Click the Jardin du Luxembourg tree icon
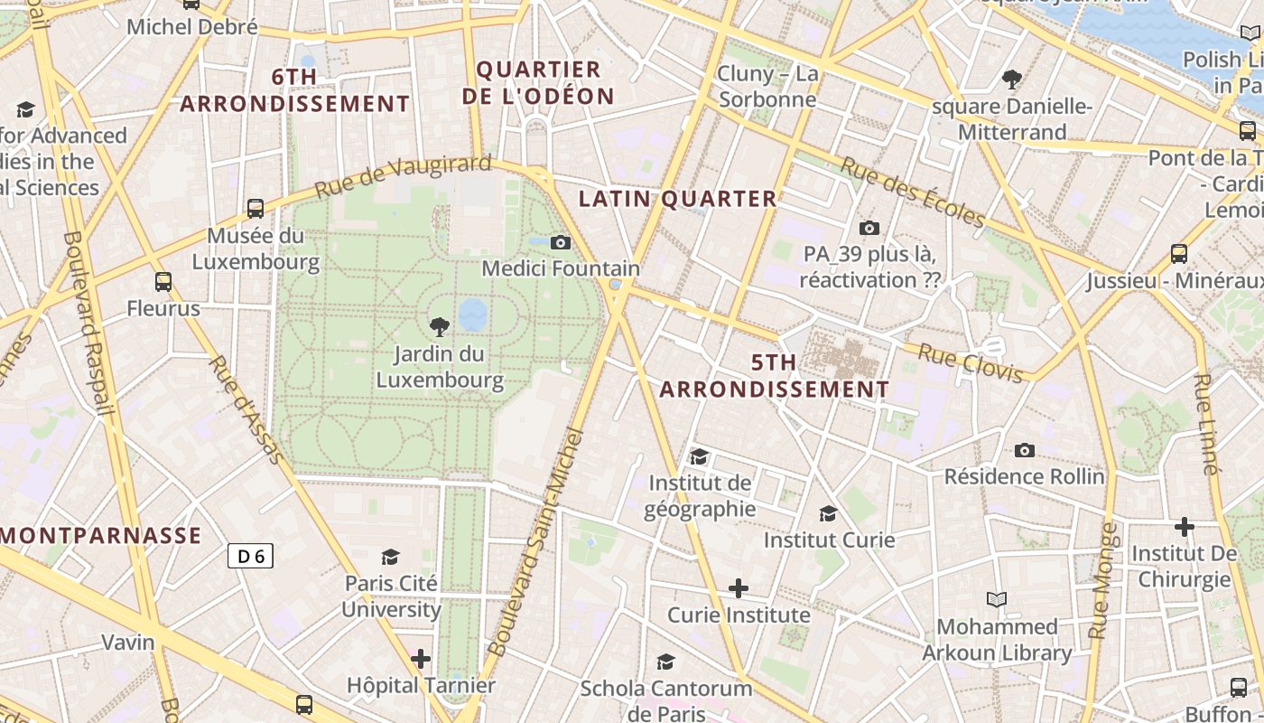(440, 326)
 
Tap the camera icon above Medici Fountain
(561, 242)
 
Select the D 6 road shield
(250, 556)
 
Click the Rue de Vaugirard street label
(403, 177)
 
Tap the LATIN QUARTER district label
(677, 199)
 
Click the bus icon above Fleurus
(163, 282)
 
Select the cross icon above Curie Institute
(739, 589)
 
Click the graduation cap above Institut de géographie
(699, 456)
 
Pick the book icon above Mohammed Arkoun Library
(997, 599)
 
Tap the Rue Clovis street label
(971, 361)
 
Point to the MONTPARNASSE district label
(101, 535)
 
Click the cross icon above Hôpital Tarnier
(421, 659)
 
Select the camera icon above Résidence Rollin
(1025, 450)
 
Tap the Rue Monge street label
(1103, 580)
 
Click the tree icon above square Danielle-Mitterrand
(1012, 79)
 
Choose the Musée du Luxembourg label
(256, 249)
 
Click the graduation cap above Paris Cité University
(391, 557)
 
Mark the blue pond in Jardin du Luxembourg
(472, 315)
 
